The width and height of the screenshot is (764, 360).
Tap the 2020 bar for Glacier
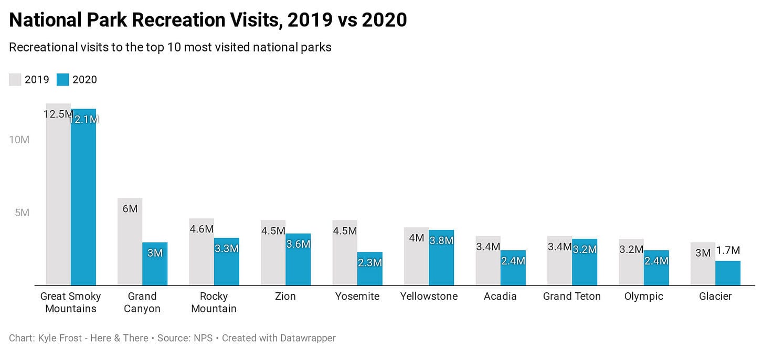point(728,273)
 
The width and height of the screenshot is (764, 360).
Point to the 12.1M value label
point(84,119)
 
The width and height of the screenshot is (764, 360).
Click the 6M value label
point(130,208)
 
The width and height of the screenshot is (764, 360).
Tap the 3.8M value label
point(441,240)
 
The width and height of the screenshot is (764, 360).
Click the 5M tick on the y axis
point(22,213)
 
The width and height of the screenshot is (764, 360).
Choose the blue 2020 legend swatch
point(63,80)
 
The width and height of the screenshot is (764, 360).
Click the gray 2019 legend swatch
point(15,80)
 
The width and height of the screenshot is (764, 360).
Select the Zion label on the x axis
point(285,297)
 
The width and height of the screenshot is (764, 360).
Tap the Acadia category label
point(500,297)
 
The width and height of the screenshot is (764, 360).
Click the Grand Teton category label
point(572,297)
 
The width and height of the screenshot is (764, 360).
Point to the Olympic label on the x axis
point(643,297)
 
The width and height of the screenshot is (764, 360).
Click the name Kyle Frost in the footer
point(58,338)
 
